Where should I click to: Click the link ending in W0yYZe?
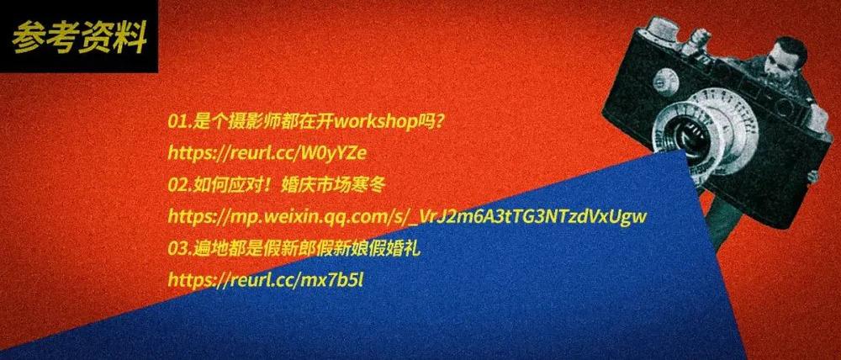click(x=267, y=153)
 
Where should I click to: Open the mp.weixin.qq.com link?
click(x=408, y=217)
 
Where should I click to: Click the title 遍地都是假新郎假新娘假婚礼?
click(x=306, y=248)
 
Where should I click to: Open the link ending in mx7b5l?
click(x=266, y=279)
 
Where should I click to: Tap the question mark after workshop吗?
click(x=439, y=122)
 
